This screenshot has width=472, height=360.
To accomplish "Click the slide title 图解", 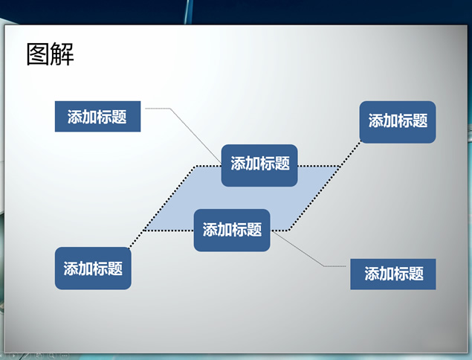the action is click(x=51, y=54).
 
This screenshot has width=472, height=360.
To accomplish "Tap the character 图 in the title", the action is click(x=38, y=54).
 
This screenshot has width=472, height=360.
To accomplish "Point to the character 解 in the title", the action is click(x=62, y=54).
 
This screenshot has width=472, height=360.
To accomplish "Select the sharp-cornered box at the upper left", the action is click(x=97, y=116).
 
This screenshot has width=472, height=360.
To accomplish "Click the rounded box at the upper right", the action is click(x=398, y=122).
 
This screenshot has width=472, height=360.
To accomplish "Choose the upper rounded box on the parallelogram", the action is click(x=259, y=165).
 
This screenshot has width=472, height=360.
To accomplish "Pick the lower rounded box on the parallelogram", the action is click(x=232, y=230).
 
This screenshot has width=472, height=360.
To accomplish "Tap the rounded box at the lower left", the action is click(x=93, y=268).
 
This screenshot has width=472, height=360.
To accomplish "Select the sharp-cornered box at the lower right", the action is click(x=392, y=274).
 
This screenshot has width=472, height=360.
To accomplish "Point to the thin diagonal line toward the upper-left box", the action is click(x=195, y=135).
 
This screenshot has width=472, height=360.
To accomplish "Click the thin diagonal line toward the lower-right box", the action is click(x=297, y=248).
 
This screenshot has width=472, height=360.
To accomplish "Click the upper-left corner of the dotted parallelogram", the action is click(x=196, y=166).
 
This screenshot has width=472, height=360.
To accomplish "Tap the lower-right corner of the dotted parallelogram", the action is click(x=289, y=231).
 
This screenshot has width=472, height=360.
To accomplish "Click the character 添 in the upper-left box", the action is click(x=74, y=117).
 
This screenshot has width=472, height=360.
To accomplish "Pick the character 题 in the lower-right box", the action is click(x=416, y=274).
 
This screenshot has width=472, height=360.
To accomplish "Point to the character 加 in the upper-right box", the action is click(x=390, y=120).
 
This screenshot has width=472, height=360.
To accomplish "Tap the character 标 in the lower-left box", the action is click(x=100, y=269).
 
